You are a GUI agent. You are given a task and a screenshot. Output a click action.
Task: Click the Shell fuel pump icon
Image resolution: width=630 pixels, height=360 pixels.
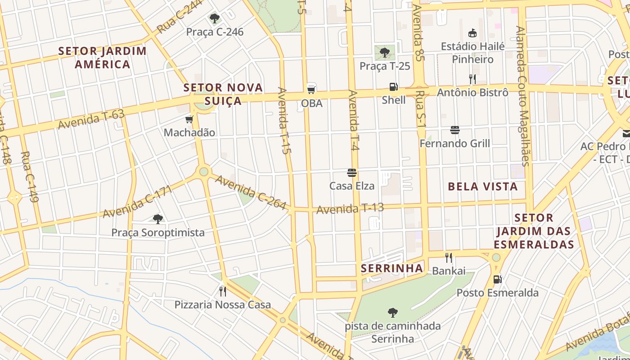tap(394, 87)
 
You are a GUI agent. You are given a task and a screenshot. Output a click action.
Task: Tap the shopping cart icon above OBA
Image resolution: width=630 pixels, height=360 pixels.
tap(311, 89)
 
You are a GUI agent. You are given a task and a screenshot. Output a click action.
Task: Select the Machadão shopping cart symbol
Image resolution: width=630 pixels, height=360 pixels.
tap(189, 119)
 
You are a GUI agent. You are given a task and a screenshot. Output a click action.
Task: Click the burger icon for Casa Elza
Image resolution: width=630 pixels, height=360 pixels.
tap(352, 173)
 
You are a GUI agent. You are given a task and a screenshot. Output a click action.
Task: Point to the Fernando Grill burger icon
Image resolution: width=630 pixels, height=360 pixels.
tap(455, 130)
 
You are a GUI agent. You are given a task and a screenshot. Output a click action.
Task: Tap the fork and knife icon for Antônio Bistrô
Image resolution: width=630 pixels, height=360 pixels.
tap(472, 79)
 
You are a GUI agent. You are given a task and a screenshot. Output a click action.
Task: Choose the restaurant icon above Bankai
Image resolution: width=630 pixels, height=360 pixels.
tap(449, 258)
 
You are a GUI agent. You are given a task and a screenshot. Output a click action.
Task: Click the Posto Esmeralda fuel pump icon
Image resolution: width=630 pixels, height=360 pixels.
tap(497, 279)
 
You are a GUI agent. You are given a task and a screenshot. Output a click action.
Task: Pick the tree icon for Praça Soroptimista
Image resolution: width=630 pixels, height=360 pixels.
tap(157, 219)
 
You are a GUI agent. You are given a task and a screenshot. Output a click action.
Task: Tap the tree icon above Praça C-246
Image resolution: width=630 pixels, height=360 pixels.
tap(215, 18)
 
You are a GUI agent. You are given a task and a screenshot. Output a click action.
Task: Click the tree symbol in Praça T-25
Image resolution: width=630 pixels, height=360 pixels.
tap(385, 53)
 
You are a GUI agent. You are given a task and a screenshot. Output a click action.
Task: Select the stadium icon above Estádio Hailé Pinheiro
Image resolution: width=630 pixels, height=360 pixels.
tap(472, 33)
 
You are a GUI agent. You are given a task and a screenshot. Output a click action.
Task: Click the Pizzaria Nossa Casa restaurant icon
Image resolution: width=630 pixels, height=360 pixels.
tap(223, 291)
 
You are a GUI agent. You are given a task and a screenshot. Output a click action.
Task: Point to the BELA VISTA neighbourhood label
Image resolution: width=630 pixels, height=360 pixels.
tap(483, 186)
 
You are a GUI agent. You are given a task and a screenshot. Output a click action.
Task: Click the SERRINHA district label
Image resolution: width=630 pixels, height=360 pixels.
tap(392, 269)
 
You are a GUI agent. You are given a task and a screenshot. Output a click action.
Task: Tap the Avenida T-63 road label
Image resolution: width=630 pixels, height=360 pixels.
tap(91, 119)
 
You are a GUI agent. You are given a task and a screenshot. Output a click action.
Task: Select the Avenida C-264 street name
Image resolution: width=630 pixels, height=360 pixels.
tap(250, 193)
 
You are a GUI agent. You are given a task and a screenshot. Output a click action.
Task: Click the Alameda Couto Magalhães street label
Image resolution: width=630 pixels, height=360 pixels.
tap(523, 96)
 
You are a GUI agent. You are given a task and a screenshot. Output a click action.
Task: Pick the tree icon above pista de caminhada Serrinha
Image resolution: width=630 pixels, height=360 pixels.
tap(393, 312)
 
